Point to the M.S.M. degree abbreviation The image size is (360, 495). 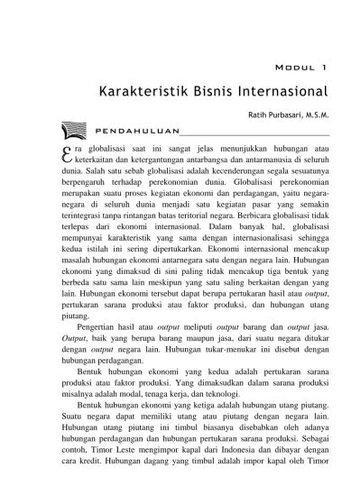[x=315, y=115]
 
